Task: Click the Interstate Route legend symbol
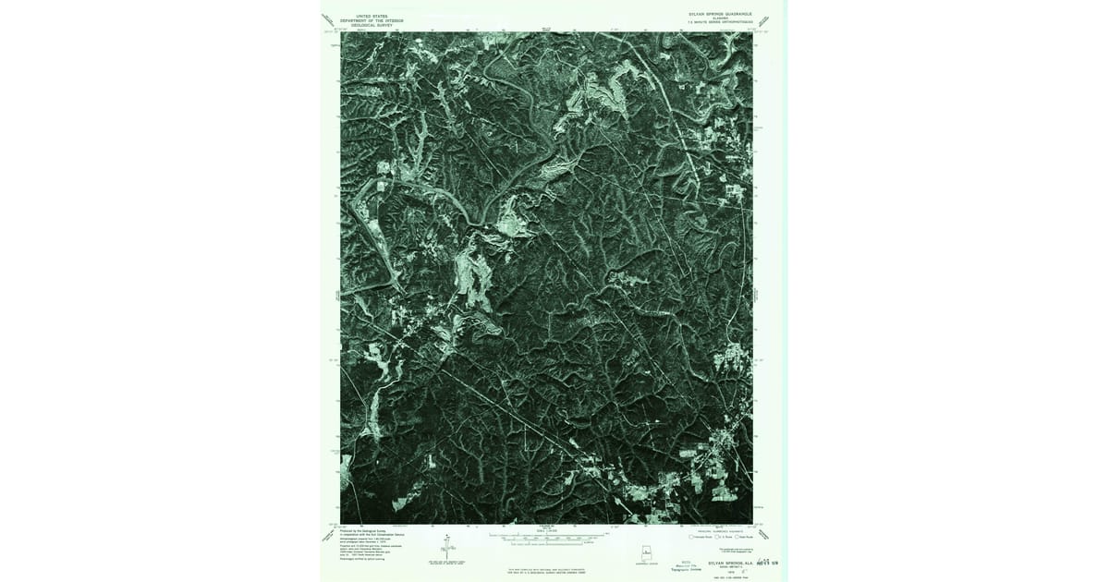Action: click(x=691, y=537)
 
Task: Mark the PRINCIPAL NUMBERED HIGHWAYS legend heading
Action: click(x=719, y=531)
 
